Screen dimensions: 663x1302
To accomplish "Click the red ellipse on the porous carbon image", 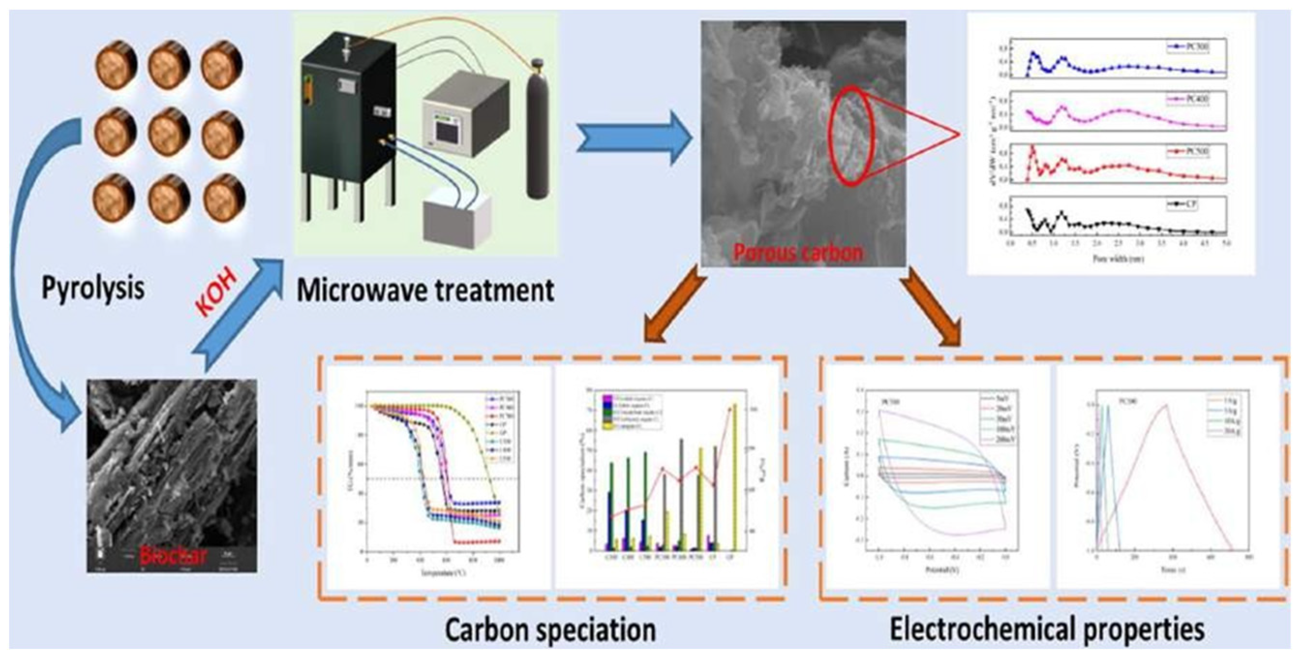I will [852, 136].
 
